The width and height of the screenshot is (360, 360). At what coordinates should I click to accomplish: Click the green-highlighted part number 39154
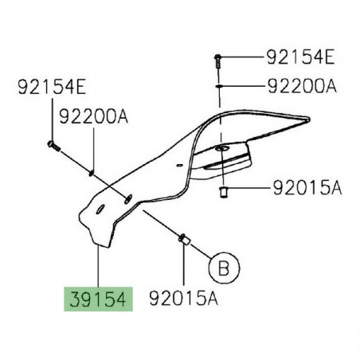coord(96,299)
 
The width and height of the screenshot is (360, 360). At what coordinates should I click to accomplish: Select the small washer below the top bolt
coord(221,83)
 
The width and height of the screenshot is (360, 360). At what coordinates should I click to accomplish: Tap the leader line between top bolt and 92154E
coord(243,57)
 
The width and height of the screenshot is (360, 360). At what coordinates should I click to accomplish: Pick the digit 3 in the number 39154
coord(72,299)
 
